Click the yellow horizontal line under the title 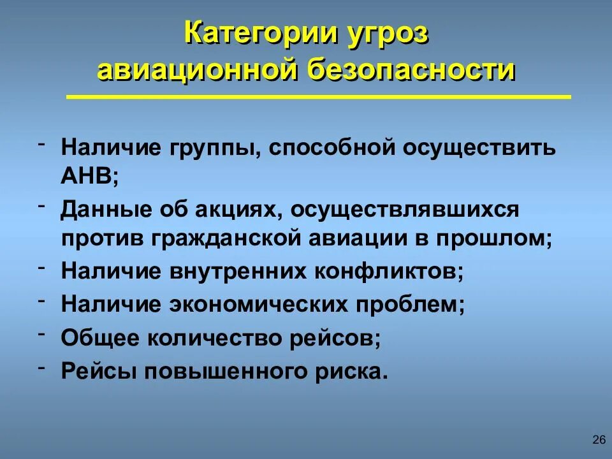(319, 98)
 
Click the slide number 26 (599, 439)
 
